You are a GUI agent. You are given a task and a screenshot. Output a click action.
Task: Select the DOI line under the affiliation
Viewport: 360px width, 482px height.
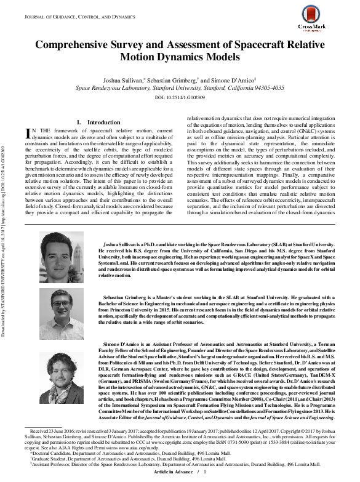[179, 97]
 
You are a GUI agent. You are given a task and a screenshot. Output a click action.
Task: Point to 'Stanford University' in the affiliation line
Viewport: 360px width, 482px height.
[200, 88]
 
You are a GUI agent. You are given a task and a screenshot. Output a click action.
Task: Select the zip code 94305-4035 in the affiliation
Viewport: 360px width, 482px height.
[267, 88]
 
